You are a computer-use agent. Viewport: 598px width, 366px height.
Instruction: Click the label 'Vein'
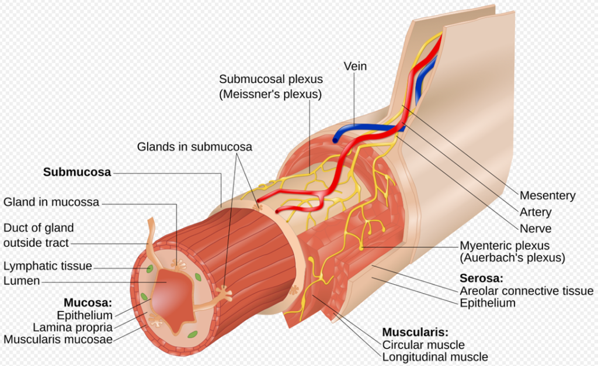point(355,66)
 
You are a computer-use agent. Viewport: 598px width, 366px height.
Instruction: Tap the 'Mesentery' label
point(547,196)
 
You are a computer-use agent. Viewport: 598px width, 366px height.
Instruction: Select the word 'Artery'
point(536,212)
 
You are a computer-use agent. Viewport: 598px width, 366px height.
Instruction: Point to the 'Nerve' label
point(535,229)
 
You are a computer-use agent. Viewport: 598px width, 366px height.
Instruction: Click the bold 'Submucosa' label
point(77,172)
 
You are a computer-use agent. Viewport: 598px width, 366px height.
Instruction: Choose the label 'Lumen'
point(22,281)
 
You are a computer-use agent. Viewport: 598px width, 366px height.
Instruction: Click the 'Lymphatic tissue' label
point(48,266)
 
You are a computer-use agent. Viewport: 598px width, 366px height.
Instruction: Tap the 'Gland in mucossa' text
point(51,203)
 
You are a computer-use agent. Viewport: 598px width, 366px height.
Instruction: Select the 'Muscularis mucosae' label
point(58,339)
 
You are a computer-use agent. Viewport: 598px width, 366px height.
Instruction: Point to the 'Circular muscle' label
point(423,345)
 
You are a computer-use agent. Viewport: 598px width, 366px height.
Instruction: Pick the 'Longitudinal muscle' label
point(435,357)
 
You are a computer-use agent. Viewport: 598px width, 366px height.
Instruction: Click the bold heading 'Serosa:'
point(481,279)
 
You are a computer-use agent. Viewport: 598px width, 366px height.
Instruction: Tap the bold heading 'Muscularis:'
point(415,332)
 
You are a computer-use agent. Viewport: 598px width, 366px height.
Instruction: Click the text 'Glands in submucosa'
point(194,147)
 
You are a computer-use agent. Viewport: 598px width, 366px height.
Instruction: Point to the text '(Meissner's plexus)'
point(270,94)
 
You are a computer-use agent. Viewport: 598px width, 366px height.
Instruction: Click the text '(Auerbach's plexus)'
point(512,258)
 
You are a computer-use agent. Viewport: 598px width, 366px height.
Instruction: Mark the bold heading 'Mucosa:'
point(87,303)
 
